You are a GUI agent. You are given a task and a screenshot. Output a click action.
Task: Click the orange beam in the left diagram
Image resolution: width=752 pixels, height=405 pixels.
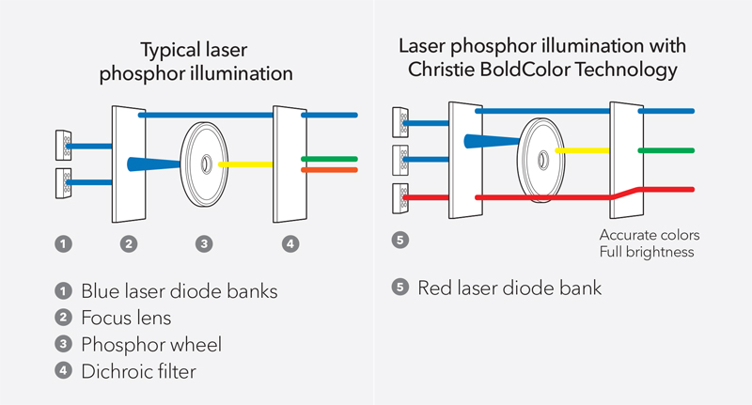(329, 170)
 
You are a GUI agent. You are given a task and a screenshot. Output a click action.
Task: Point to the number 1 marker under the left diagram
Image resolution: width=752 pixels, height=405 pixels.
(63, 243)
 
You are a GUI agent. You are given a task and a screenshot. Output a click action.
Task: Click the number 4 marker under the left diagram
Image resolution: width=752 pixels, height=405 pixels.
(290, 243)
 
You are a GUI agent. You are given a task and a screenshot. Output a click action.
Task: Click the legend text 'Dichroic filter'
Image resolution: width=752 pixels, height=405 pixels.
(138, 371)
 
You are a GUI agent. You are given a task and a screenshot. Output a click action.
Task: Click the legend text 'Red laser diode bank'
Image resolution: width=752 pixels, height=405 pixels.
(509, 288)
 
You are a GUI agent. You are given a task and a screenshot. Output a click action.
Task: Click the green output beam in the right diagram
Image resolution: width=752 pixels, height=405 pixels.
(666, 150)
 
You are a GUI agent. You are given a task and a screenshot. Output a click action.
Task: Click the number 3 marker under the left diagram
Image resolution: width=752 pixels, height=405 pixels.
(204, 243)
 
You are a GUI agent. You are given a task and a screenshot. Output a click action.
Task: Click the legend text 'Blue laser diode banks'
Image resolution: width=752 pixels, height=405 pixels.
(180, 291)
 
